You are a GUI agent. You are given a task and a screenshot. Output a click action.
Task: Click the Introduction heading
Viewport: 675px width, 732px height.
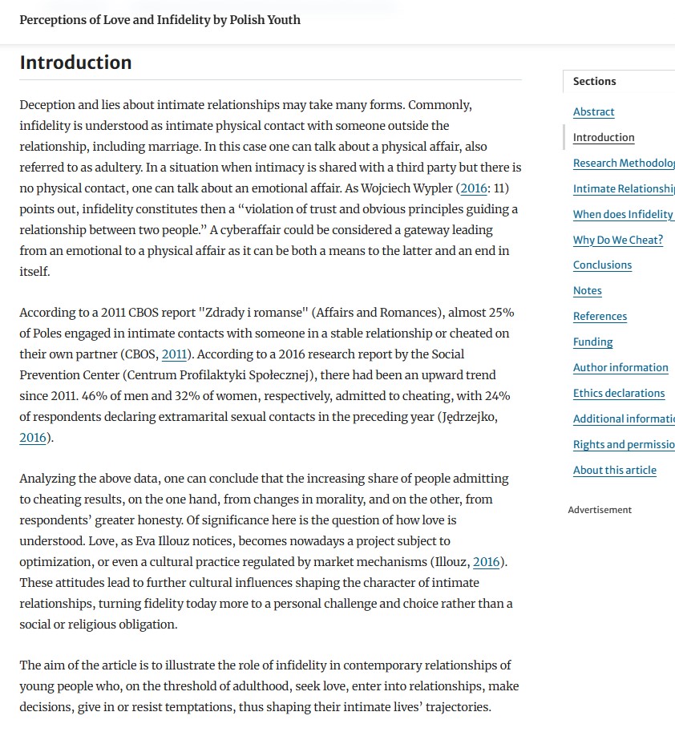pyautogui.click(x=75, y=63)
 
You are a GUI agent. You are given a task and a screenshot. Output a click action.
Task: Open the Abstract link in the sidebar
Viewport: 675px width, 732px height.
pyautogui.click(x=593, y=112)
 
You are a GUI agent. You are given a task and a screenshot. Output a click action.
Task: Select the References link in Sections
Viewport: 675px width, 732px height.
pyautogui.click(x=600, y=317)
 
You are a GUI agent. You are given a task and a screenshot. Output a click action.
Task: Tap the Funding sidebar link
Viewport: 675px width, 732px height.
pyautogui.click(x=592, y=342)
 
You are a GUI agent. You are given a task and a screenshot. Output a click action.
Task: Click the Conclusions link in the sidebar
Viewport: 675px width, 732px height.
pyautogui.click(x=602, y=265)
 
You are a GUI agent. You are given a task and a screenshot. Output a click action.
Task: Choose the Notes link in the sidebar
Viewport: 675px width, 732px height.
pyautogui.click(x=587, y=291)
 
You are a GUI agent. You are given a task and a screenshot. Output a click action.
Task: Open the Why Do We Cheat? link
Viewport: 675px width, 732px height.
pyautogui.click(x=617, y=240)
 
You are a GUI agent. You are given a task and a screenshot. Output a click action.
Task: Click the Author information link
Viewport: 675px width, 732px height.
pyautogui.click(x=620, y=368)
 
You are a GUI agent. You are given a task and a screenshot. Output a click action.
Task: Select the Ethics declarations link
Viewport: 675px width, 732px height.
pyautogui.click(x=618, y=394)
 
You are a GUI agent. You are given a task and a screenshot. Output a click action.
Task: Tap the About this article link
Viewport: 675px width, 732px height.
pyautogui.click(x=614, y=471)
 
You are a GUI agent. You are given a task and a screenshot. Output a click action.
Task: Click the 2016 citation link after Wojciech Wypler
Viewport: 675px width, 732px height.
pyautogui.click(x=474, y=188)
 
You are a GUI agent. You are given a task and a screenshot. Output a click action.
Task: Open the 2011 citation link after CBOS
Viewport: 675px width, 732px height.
pyautogui.click(x=174, y=354)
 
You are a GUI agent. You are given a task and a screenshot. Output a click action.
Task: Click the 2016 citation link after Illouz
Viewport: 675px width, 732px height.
pyautogui.click(x=486, y=562)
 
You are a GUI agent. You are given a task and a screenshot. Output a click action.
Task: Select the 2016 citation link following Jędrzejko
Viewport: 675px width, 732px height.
pyautogui.click(x=33, y=438)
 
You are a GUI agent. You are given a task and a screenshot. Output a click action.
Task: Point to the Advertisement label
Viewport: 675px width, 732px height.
pyautogui.click(x=600, y=510)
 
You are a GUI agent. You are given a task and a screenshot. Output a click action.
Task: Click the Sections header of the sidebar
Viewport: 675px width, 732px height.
pyautogui.click(x=594, y=82)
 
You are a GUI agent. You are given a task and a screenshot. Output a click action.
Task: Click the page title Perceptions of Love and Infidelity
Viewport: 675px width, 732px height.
pyautogui.click(x=160, y=19)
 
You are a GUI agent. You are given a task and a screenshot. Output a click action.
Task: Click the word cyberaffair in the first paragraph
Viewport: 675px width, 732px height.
pyautogui.click(x=254, y=230)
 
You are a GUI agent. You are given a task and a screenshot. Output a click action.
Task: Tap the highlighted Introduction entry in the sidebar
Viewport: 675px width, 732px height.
pyautogui.click(x=603, y=138)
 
